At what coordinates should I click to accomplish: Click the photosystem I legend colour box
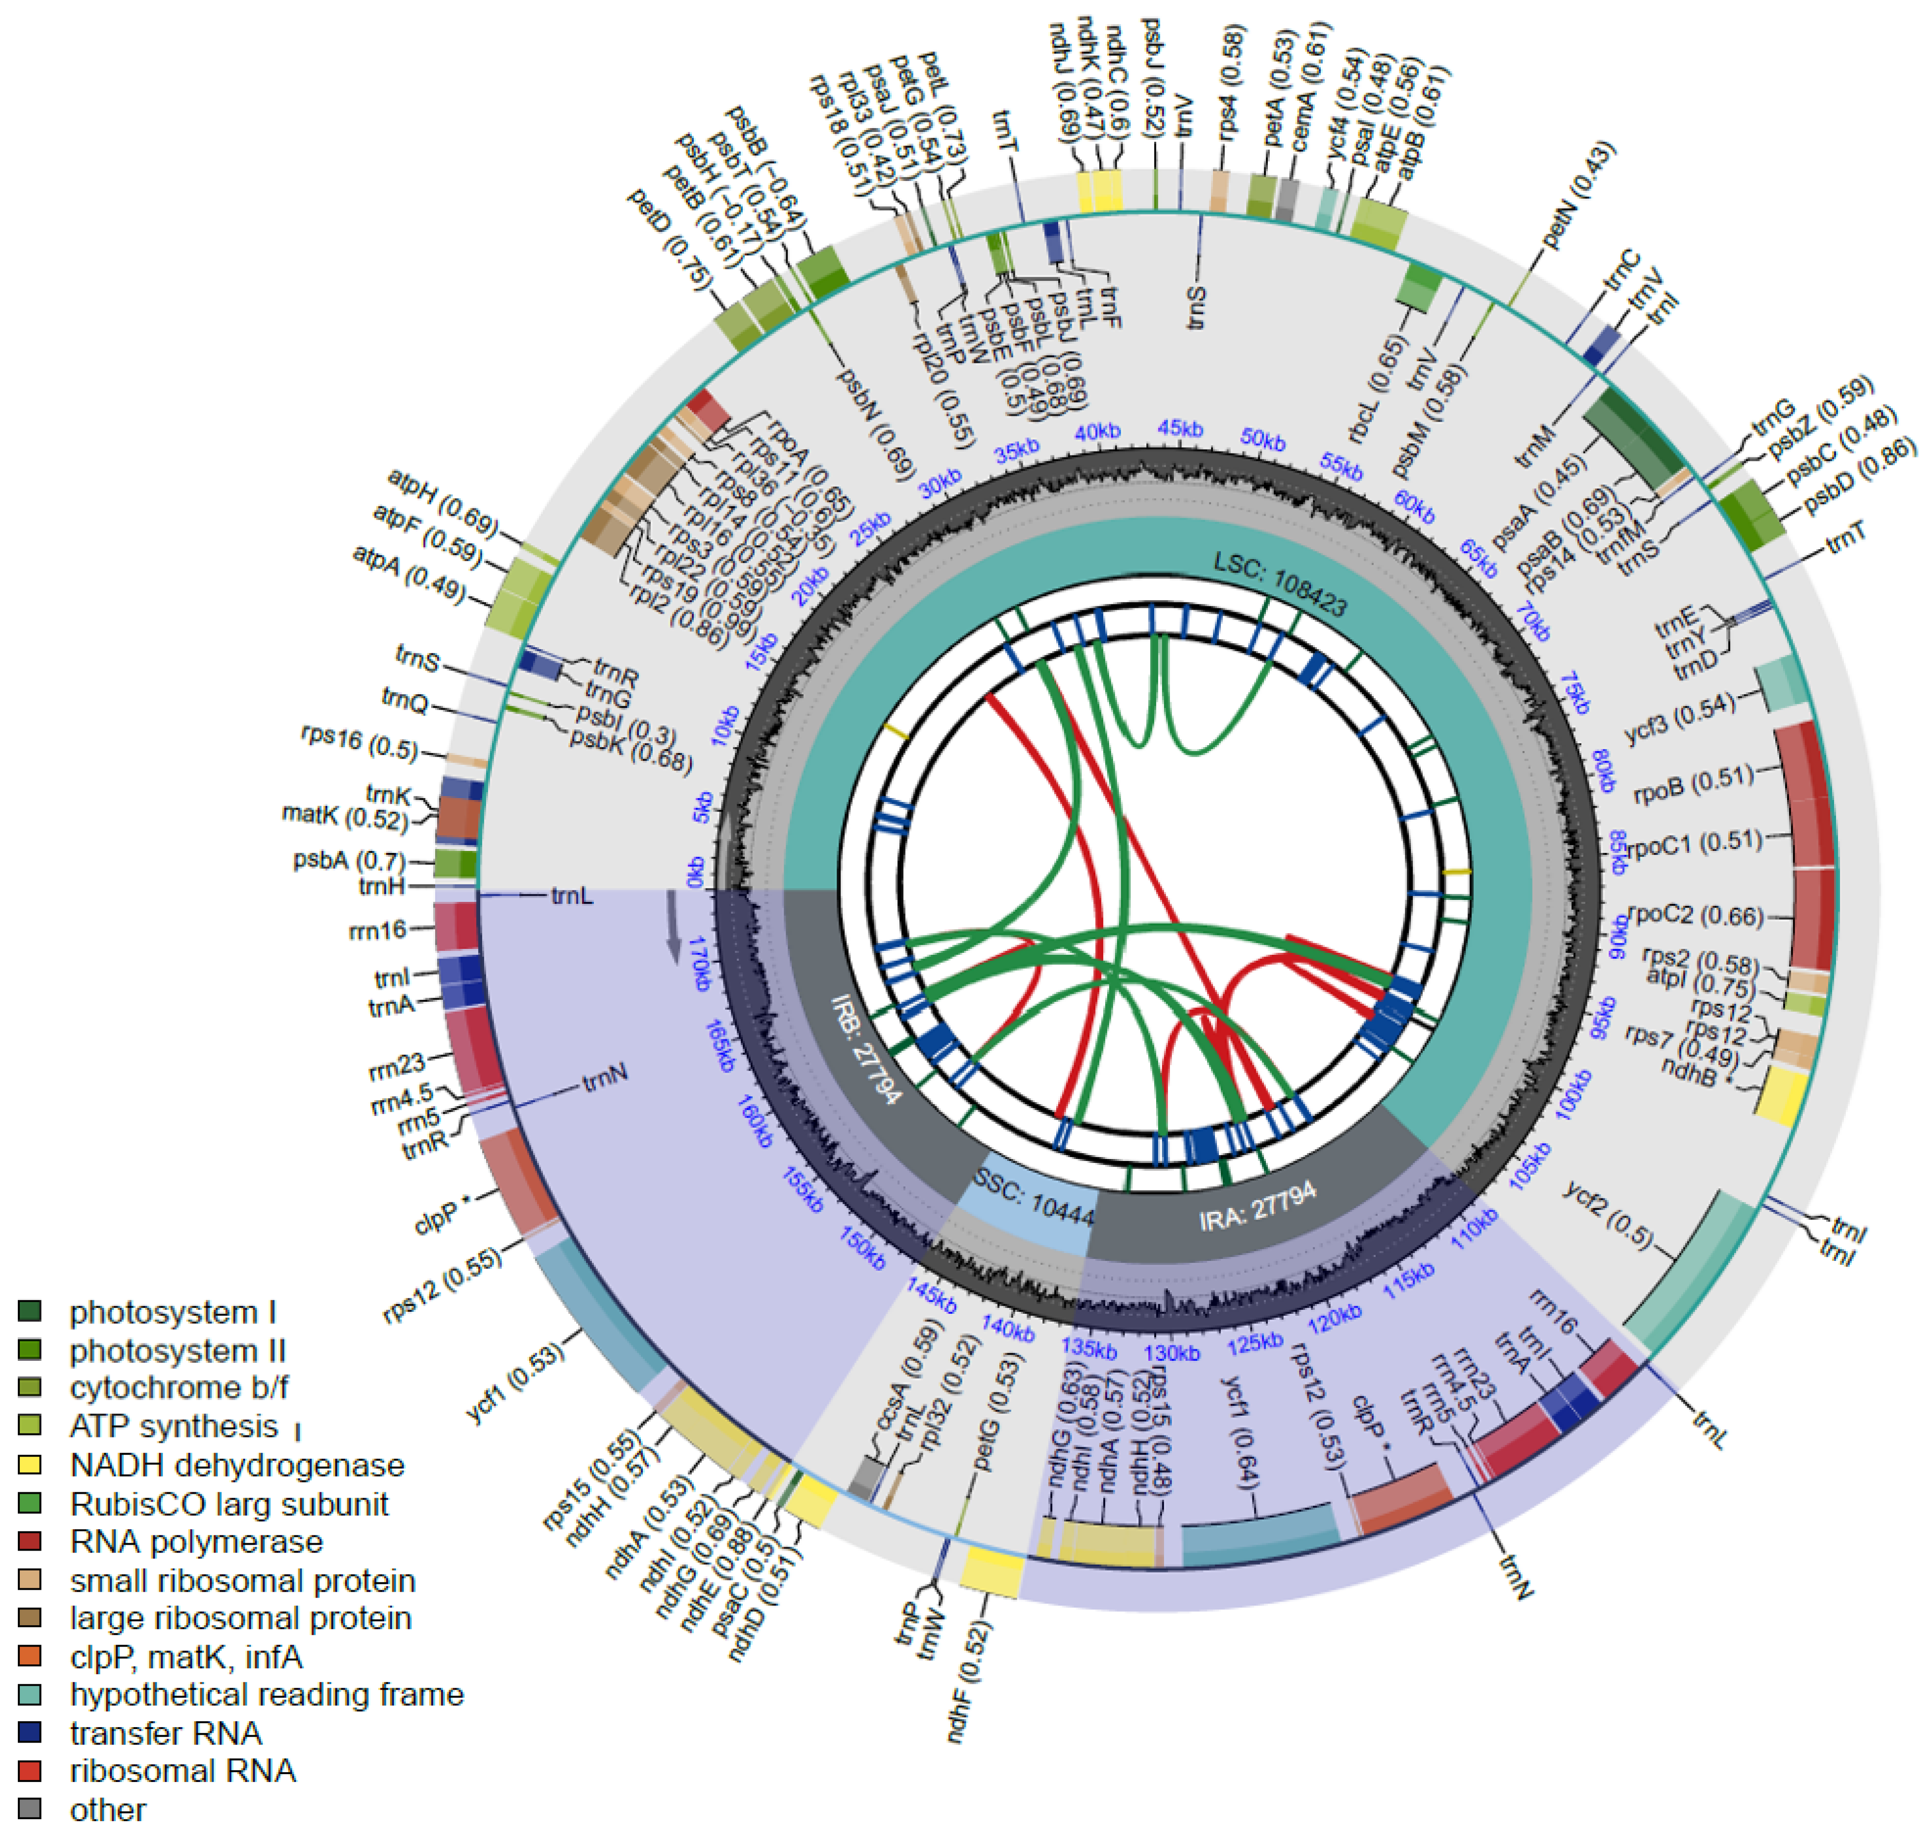point(29,1312)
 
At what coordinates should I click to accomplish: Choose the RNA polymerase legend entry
point(195,1541)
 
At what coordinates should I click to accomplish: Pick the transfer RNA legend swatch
point(29,1733)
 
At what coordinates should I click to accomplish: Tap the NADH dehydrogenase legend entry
point(236,1465)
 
